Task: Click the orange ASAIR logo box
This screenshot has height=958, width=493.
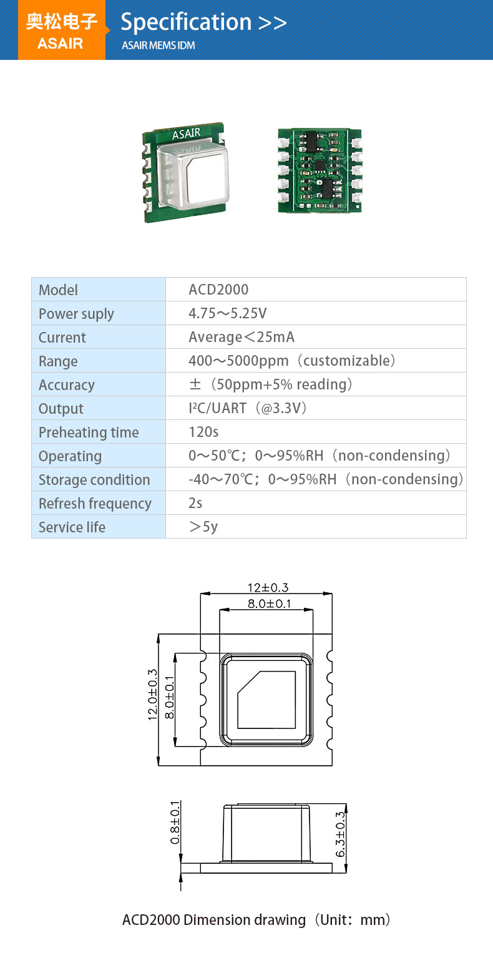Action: [x=62, y=31]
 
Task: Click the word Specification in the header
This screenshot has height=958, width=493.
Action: [x=185, y=22]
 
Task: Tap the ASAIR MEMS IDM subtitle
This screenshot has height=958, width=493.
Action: [x=159, y=46]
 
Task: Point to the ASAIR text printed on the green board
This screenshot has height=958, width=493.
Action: [x=186, y=134]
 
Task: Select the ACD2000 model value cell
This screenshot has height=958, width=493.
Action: [x=218, y=290]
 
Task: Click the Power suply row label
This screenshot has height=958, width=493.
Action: [x=76, y=313]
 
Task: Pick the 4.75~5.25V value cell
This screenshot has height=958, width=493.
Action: [x=227, y=313]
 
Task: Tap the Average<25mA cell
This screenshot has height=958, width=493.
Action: [x=242, y=337]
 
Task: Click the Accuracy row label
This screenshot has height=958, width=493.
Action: [x=66, y=384]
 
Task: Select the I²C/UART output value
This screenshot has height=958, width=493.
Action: [x=248, y=408]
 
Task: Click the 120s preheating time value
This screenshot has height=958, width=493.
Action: [x=203, y=432]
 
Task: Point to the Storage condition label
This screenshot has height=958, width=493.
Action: [x=94, y=479]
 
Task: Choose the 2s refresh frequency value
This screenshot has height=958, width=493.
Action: [x=195, y=503]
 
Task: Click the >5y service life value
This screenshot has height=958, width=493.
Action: [x=203, y=527]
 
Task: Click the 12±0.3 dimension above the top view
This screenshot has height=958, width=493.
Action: [x=268, y=587]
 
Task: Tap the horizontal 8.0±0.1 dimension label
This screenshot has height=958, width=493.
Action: [x=270, y=604]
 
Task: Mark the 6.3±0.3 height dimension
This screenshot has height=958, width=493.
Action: [x=340, y=834]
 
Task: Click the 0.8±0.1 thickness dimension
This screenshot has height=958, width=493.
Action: [x=175, y=822]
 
